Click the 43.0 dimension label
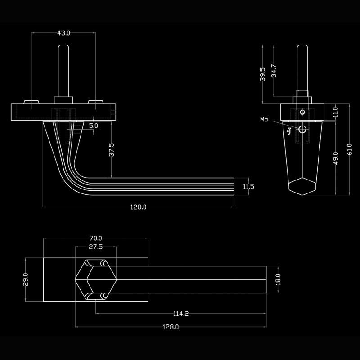point(63,33)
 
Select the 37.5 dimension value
point(111,150)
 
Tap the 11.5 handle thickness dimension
point(248,187)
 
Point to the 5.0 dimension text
point(94,126)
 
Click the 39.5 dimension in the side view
point(263,74)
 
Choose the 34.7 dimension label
point(274,71)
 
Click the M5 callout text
point(264,119)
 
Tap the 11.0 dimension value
point(336,112)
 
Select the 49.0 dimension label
point(336,158)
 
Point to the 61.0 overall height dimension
point(350,149)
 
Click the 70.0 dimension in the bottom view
point(96,238)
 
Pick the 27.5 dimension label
point(96,247)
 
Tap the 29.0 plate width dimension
point(26,279)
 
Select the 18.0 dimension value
point(278,279)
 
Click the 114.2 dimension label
point(181,314)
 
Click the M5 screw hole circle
point(302,130)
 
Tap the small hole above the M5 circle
point(302,112)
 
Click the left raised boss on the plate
point(31,102)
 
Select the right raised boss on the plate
point(95,102)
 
